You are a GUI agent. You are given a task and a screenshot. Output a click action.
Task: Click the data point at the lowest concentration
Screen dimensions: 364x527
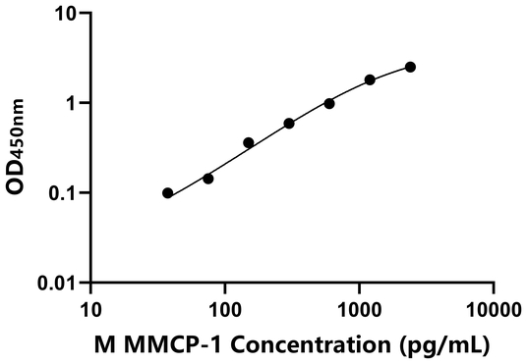pyautogui.click(x=168, y=193)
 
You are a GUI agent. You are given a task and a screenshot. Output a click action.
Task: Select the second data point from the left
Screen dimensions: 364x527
pyautogui.click(x=207, y=179)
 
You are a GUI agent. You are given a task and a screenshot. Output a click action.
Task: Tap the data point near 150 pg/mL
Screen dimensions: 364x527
pyautogui.click(x=249, y=142)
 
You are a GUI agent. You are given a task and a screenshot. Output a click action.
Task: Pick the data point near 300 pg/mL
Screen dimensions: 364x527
pyautogui.click(x=289, y=124)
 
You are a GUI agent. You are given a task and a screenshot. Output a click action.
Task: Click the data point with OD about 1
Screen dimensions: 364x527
pyautogui.click(x=329, y=103)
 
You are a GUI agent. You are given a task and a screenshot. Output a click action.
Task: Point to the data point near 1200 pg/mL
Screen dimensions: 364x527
pyautogui.click(x=370, y=79)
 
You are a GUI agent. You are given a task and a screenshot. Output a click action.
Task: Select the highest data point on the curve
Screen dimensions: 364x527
pyautogui.click(x=410, y=67)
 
